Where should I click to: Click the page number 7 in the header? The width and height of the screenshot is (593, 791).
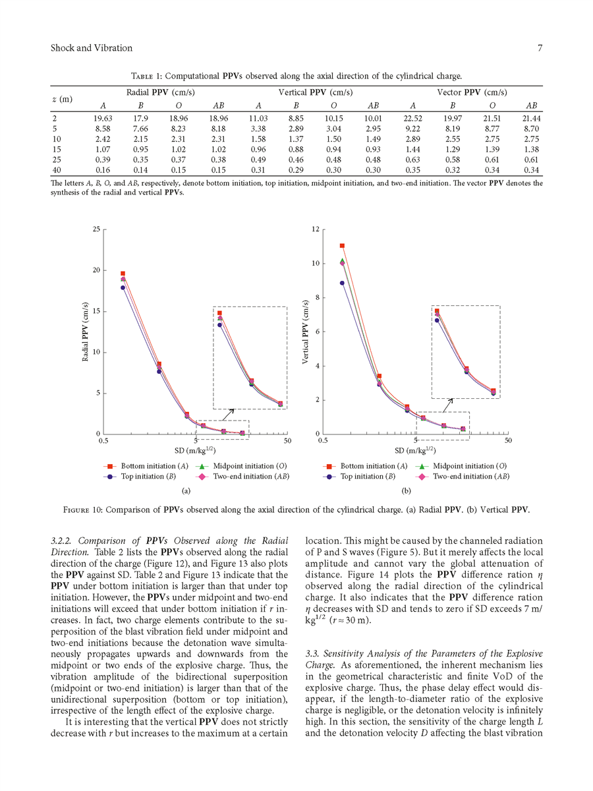pos(540,48)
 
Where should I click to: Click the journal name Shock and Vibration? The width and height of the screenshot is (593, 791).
pos(91,48)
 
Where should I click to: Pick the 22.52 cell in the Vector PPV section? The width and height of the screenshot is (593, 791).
pos(412,118)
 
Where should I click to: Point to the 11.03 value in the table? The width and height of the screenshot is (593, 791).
pos(258,118)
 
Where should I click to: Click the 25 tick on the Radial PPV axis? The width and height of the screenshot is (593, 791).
pos(96,229)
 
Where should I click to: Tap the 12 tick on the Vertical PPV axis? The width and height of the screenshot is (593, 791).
pos(316,229)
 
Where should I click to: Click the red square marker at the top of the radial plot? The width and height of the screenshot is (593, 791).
pos(123,274)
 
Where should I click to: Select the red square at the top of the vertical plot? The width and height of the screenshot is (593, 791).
pos(343,246)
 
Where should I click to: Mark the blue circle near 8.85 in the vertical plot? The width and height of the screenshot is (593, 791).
pos(343,283)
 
